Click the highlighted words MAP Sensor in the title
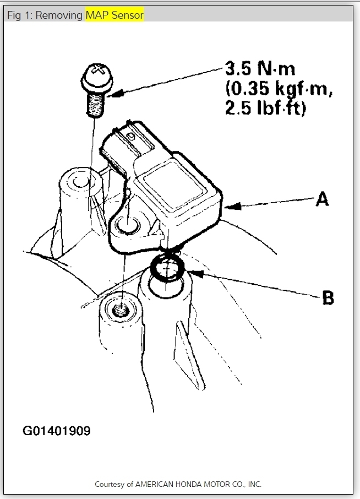(x=114, y=15)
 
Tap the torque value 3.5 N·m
(x=260, y=70)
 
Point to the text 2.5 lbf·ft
(x=265, y=108)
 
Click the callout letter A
(x=322, y=199)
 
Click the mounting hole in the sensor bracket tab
(x=127, y=225)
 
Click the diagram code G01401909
(x=56, y=430)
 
